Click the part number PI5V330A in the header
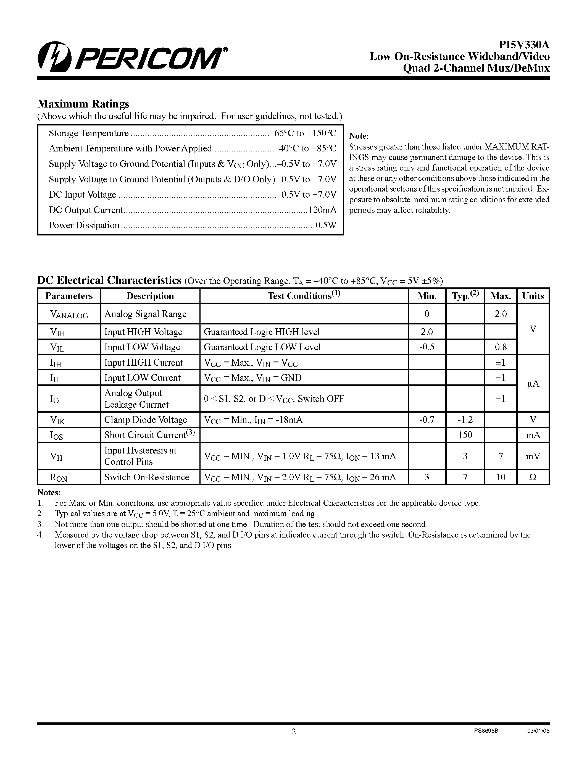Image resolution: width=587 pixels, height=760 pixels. point(524,45)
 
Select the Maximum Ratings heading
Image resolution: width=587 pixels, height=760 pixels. point(83,104)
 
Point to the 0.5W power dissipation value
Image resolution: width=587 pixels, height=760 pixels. point(326,225)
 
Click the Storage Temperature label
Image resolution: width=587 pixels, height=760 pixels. point(89,133)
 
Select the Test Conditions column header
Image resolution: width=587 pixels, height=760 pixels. point(304,295)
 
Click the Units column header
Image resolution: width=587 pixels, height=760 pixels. point(533,296)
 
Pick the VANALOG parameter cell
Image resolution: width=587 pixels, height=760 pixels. point(69,314)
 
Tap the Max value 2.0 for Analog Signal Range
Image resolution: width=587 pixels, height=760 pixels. point(501,314)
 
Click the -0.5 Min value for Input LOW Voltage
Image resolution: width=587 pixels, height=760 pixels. point(427,347)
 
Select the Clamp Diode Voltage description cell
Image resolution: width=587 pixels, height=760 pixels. point(146,420)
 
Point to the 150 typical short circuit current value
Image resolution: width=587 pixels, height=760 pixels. point(465,435)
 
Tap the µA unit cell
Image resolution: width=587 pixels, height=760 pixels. point(533,384)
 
